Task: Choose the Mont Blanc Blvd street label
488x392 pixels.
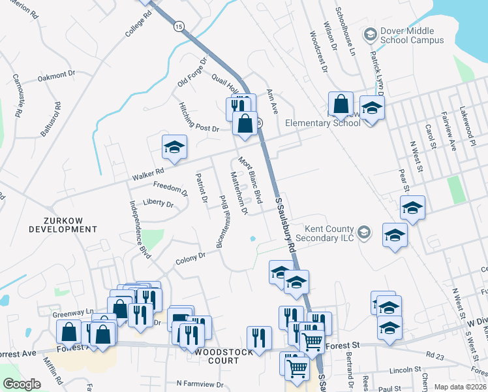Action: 250,179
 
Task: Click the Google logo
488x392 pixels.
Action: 22,384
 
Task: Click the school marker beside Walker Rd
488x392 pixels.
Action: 175,147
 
